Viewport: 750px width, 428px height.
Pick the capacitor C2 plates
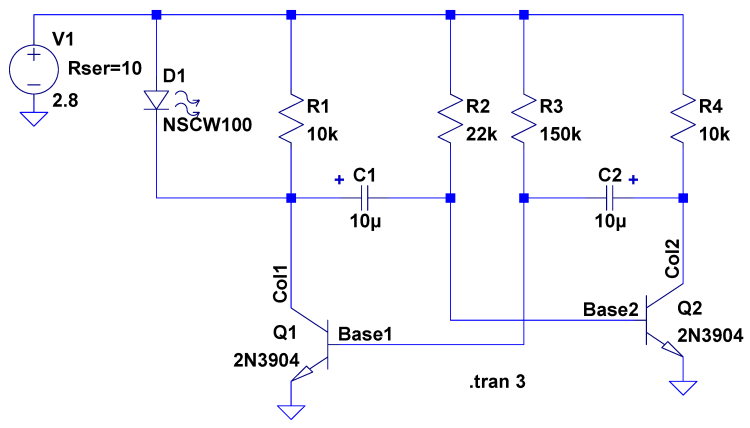607,198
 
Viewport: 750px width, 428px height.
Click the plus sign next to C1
339,179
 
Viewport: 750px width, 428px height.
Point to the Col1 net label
279,284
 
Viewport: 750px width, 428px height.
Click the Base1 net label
366,332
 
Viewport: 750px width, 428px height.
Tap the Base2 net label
611,311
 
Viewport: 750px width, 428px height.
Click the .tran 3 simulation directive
496,382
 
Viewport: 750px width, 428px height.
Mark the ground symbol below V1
33,118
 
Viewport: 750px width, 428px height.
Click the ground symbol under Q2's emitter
683,387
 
